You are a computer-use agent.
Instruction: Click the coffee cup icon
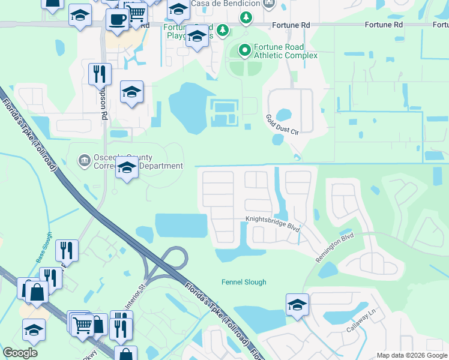click(x=116, y=19)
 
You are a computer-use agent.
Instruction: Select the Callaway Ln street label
click(x=364, y=323)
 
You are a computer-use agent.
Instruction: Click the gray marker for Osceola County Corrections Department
click(x=84, y=161)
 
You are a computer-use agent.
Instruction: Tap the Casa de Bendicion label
click(x=225, y=4)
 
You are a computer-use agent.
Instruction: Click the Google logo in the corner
click(x=20, y=353)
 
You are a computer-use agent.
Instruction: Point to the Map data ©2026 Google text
click(x=412, y=355)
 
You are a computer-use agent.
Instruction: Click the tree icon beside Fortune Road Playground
click(x=223, y=29)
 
